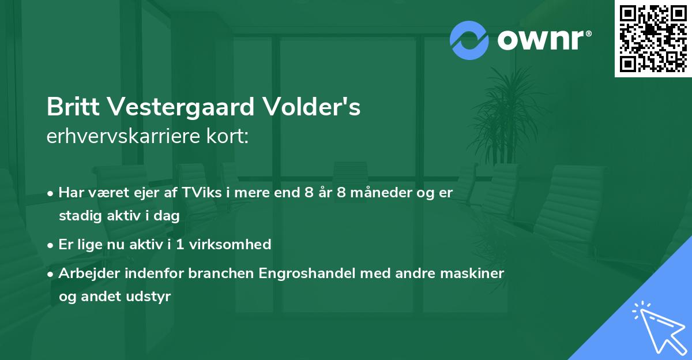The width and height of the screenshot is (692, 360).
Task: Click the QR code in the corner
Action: pos(653,39)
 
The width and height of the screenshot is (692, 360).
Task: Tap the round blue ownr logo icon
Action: pos(469,40)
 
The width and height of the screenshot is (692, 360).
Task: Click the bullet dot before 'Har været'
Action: pos(51,193)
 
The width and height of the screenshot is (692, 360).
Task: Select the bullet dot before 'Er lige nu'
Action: pos(51,245)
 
